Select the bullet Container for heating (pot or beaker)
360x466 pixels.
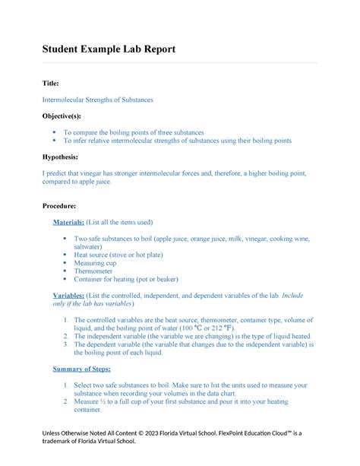pos(125,279)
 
